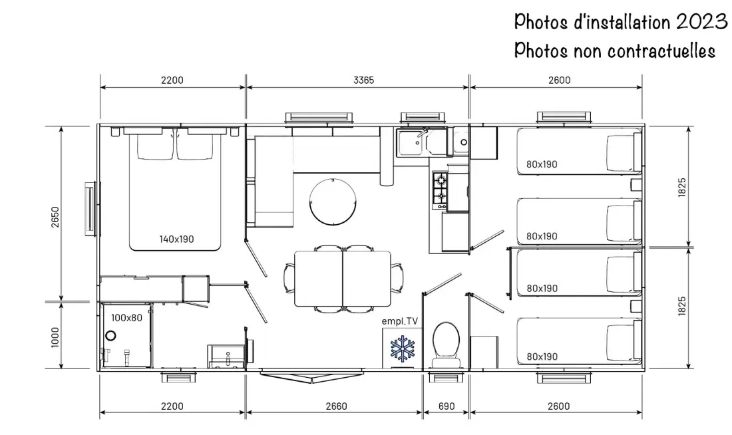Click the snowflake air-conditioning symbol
[403, 348]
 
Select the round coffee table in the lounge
[333, 203]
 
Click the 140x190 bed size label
[176, 239]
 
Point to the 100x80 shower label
[126, 318]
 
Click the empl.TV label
[400, 321]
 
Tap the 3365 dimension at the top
[363, 80]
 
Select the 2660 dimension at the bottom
[336, 406]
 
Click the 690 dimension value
[447, 406]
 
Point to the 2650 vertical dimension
[55, 217]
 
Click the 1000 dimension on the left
[55, 337]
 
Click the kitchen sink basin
[411, 143]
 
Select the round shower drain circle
[110, 335]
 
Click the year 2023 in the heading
[701, 21]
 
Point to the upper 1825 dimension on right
[682, 187]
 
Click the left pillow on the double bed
[155, 146]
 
